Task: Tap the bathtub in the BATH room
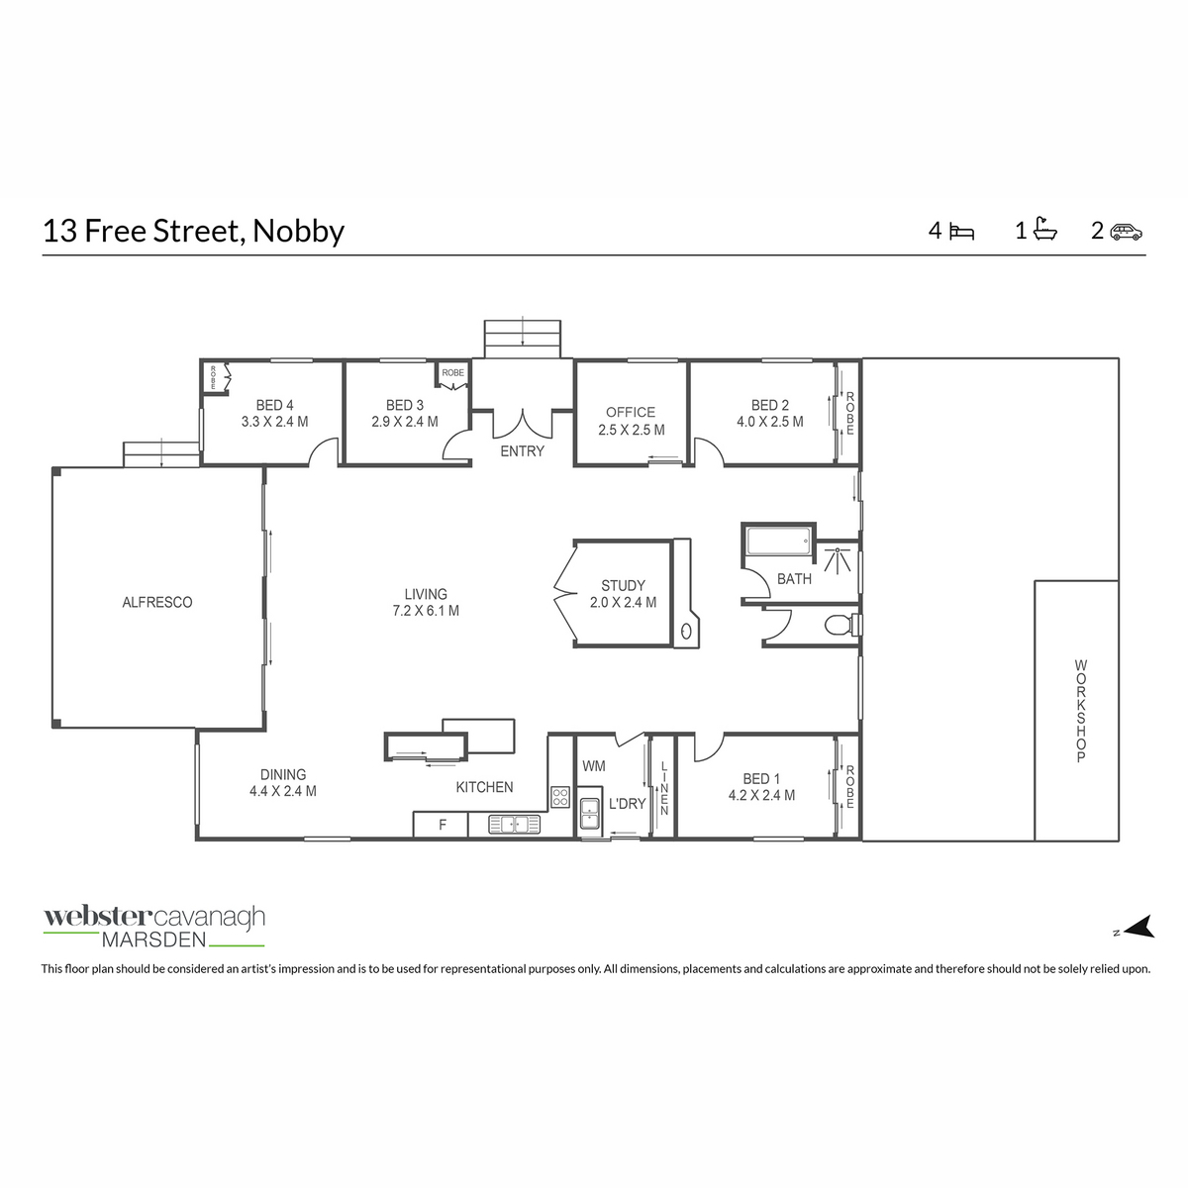(778, 542)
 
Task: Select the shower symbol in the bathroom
(841, 559)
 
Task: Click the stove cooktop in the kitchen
(559, 796)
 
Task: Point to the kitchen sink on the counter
(514, 823)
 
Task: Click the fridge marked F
(443, 824)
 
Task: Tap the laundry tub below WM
(589, 812)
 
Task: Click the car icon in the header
(1126, 232)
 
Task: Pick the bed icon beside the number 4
(961, 232)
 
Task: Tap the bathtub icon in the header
(1044, 230)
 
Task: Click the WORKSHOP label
(1080, 710)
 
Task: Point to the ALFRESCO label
(156, 602)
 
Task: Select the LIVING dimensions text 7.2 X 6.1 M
(426, 611)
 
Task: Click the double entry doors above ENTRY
(523, 423)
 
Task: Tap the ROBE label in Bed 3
(452, 372)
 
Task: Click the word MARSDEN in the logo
(153, 940)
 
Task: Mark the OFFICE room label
(631, 412)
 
